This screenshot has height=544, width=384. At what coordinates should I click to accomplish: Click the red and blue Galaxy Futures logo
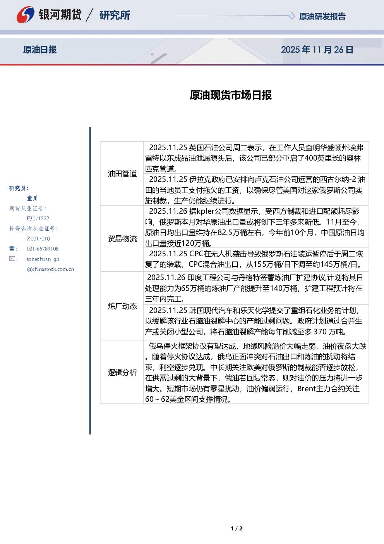25,15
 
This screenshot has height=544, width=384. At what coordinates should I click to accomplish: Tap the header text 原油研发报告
322,16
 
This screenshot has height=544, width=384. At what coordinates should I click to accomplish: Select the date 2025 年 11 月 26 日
317,50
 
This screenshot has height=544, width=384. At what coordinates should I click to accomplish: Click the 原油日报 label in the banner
40,50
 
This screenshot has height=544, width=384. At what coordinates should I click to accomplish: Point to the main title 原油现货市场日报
231,95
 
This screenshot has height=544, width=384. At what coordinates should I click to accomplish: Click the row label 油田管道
122,174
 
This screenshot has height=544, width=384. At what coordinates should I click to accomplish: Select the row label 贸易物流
122,239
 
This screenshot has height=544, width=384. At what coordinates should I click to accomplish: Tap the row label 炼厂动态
122,306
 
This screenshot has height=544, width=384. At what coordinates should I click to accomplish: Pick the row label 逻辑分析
122,372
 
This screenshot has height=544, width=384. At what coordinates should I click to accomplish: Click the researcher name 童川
32,199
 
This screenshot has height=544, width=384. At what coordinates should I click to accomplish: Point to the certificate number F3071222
38,218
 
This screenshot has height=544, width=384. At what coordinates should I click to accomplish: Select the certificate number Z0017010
38,239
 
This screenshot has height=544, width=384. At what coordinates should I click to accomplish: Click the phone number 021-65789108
43,249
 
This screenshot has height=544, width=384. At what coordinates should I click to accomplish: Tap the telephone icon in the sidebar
12,249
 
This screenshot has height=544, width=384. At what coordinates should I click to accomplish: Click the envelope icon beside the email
12,258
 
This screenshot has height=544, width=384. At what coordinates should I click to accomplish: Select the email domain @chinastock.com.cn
50,269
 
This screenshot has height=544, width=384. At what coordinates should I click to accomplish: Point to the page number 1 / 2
237,528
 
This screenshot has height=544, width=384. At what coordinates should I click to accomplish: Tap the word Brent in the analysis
307,389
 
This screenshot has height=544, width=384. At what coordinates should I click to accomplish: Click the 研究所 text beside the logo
115,15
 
